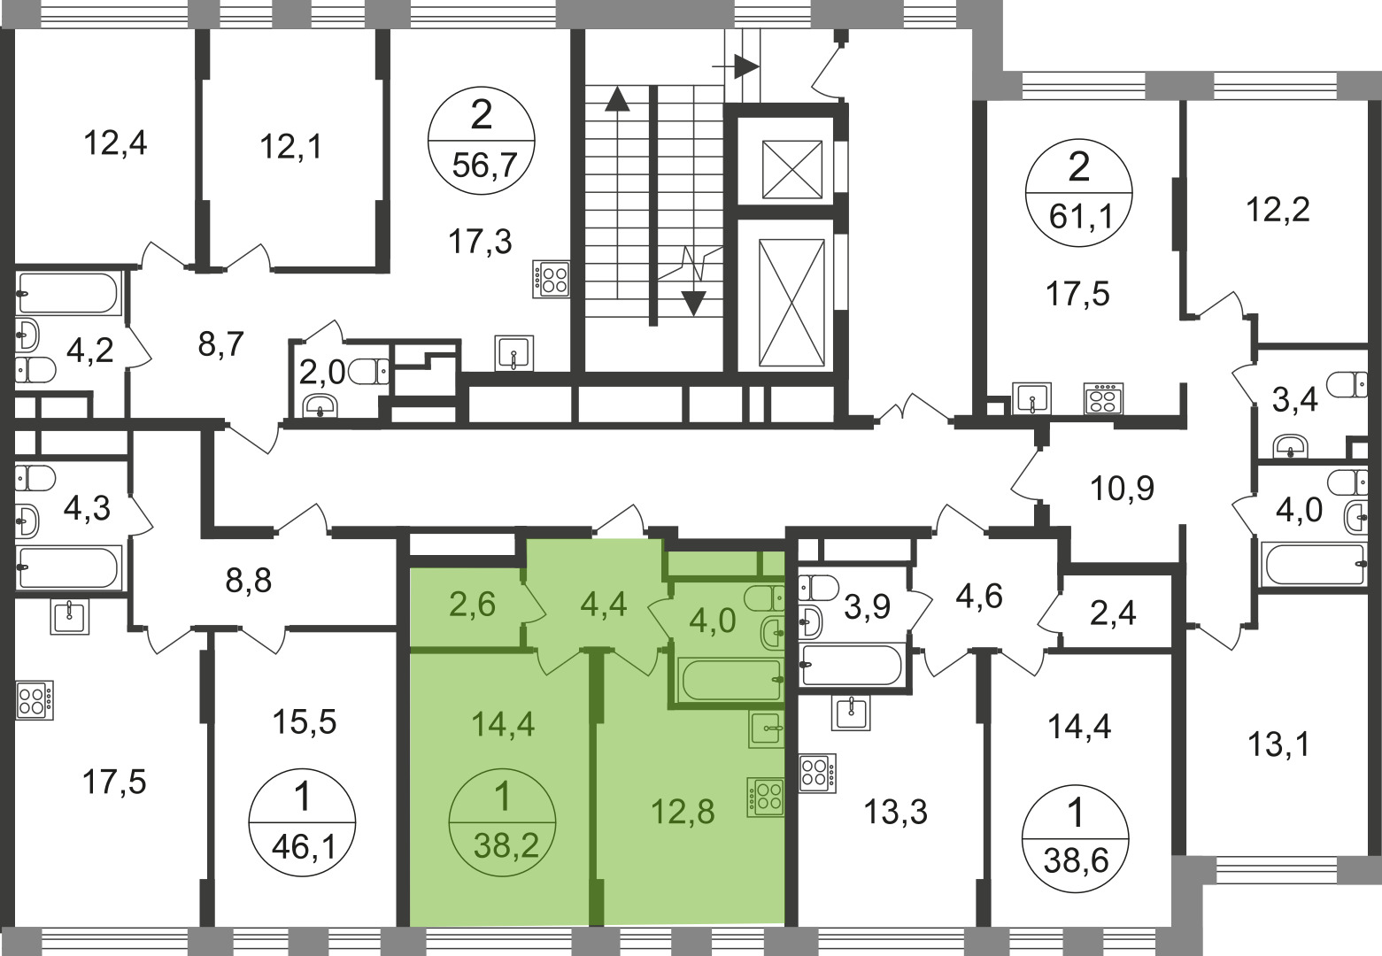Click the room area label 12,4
tap(115, 143)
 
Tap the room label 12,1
tap(290, 147)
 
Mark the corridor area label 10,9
tap(1122, 489)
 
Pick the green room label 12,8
tap(683, 812)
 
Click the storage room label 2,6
tap(472, 605)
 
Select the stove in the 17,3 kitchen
tap(551, 280)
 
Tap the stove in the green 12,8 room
tap(766, 797)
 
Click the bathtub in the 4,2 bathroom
tap(67, 294)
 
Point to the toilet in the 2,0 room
tap(369, 372)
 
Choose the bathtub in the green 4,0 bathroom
tap(730, 679)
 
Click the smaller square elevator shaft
tap(792, 169)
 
